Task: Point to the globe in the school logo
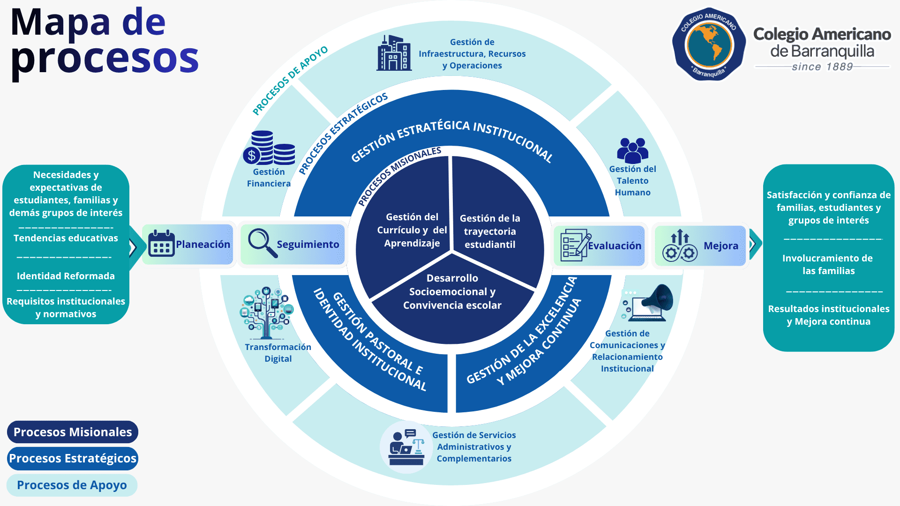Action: [709, 45]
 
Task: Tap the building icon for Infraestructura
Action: [394, 53]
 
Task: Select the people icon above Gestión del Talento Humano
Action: [633, 150]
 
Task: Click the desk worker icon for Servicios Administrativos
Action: [406, 447]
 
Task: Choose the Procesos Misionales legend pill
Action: [73, 432]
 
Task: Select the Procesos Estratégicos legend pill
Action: [73, 458]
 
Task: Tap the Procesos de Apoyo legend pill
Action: [72, 485]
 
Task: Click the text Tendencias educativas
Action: [66, 238]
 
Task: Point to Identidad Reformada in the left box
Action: [66, 276]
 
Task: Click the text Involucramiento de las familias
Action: [828, 264]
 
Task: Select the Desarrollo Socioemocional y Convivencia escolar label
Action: [452, 291]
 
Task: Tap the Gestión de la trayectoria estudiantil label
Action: [490, 231]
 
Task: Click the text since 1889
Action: [822, 67]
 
